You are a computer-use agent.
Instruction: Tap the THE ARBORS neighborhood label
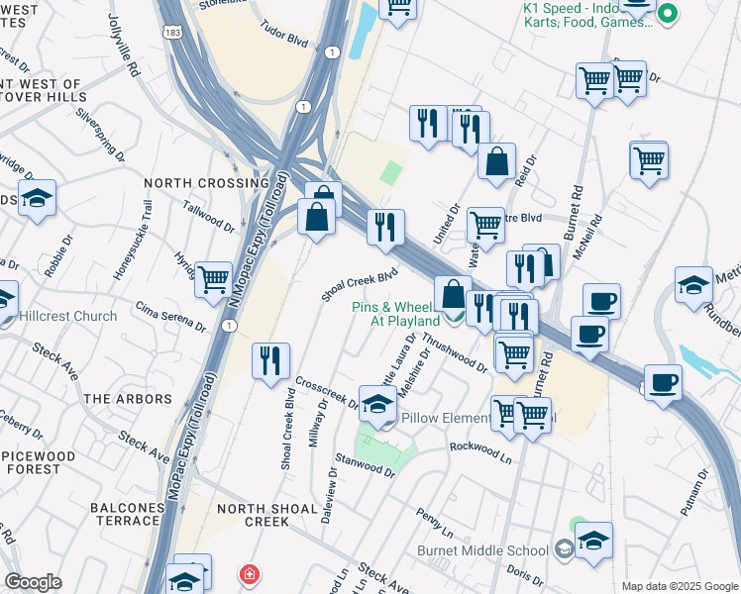pyautogui.click(x=128, y=399)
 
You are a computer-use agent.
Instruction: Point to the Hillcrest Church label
pyautogui.click(x=67, y=317)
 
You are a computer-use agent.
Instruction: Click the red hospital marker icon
pyautogui.click(x=249, y=574)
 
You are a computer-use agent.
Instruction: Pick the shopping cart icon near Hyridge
pyautogui.click(x=213, y=279)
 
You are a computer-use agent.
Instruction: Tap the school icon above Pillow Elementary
pyautogui.click(x=377, y=405)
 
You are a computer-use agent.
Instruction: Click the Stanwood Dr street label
pyautogui.click(x=365, y=466)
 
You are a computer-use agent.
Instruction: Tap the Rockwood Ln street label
pyautogui.click(x=480, y=452)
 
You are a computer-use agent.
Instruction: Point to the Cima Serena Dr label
pyautogui.click(x=170, y=317)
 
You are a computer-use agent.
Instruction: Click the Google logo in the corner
pyautogui.click(x=33, y=582)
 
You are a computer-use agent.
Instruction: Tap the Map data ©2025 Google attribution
pyautogui.click(x=679, y=586)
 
